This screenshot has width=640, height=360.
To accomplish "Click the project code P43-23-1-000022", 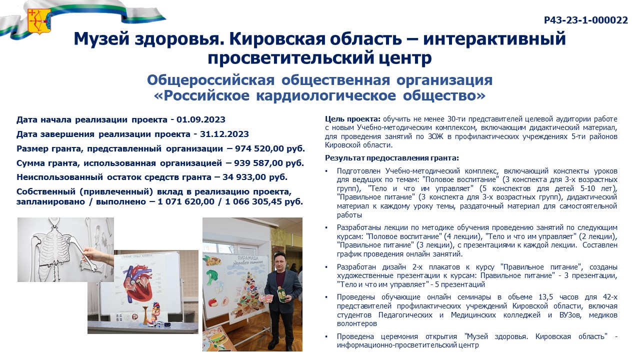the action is (x=585, y=20).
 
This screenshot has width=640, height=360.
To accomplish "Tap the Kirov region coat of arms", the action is (x=39, y=21).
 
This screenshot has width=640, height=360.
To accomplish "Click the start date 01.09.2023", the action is (x=201, y=119).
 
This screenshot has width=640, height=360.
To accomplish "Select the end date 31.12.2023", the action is (x=224, y=134).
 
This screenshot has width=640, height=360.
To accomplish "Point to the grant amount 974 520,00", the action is (x=259, y=148).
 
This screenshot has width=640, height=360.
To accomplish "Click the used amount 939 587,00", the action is (x=258, y=163).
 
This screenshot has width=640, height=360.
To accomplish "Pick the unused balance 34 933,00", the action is (x=244, y=177).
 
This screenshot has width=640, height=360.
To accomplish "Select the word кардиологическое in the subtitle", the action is (x=325, y=95).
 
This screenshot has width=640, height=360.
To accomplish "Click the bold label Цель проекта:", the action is (x=352, y=119).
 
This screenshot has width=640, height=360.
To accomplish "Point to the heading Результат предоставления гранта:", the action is (x=392, y=157).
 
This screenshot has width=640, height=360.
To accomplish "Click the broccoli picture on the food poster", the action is (x=212, y=277).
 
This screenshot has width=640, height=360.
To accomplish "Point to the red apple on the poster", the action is (x=212, y=302).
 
